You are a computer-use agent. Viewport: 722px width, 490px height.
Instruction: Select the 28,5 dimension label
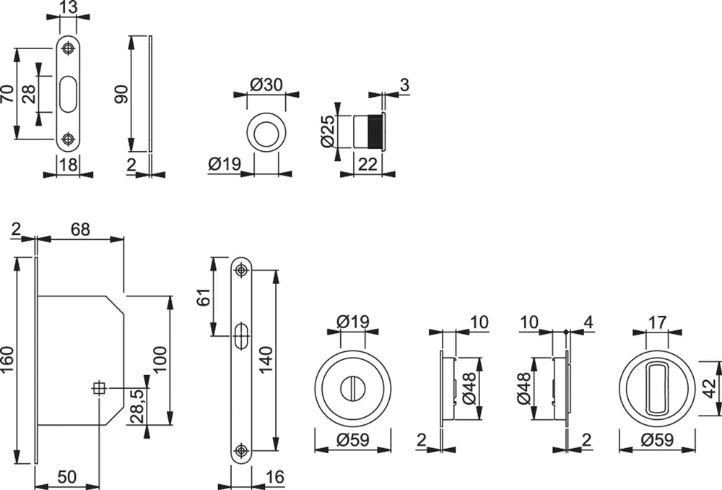(x=135, y=406)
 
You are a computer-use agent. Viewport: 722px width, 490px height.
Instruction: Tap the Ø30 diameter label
(x=266, y=85)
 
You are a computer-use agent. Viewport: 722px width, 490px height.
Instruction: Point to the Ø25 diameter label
(x=329, y=129)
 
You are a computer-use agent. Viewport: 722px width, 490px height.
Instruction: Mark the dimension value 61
(x=204, y=297)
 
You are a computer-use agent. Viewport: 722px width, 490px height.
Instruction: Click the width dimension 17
(x=658, y=322)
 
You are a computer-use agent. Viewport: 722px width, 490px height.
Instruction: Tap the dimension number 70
(x=8, y=94)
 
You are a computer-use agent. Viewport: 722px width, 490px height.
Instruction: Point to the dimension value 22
(x=367, y=165)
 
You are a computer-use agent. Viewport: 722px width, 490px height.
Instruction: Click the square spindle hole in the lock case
(x=98, y=389)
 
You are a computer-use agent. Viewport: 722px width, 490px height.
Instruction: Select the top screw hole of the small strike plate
(x=68, y=49)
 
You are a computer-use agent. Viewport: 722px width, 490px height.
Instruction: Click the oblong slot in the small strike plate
(x=68, y=95)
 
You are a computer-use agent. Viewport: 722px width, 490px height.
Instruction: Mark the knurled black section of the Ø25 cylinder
(x=374, y=131)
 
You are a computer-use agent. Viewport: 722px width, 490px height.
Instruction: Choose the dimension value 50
(x=66, y=477)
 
